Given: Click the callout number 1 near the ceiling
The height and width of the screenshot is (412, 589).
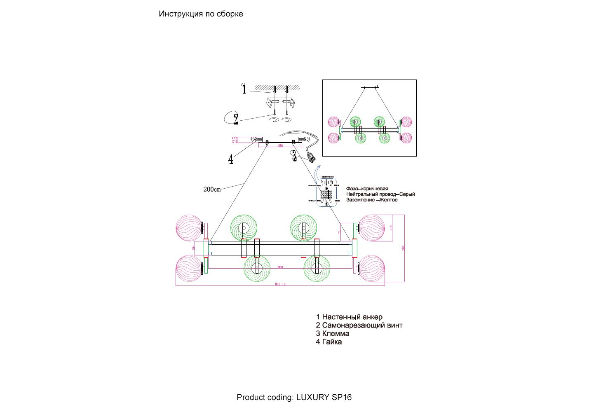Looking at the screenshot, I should click(244, 89).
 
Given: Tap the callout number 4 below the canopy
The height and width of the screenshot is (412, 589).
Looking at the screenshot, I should click(231, 159).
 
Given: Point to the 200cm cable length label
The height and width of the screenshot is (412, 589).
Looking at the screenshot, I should click(212, 190).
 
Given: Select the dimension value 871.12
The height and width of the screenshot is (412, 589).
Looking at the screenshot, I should click(280, 284).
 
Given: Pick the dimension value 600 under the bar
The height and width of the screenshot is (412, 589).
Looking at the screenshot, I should click(280, 267).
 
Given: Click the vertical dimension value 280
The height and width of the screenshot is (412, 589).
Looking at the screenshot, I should click(404, 248).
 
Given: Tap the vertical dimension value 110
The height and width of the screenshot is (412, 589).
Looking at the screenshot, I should click(391, 227).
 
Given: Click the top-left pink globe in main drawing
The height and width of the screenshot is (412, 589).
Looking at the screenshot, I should click(188, 227).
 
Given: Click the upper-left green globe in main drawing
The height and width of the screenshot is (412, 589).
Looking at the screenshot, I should click(244, 227).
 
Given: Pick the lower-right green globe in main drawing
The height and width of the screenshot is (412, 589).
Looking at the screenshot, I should click(317, 269).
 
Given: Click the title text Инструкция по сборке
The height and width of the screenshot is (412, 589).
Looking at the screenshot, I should click(201, 14).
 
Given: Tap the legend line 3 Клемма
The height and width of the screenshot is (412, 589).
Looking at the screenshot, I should click(333, 333).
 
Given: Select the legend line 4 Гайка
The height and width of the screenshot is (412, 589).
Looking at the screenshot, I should click(329, 342).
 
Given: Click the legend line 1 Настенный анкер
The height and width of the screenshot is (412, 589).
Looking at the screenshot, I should click(349, 317).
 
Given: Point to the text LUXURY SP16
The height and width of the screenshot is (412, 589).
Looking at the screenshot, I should click(324, 397).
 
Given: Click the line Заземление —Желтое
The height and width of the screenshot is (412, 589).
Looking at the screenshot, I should click(372, 200).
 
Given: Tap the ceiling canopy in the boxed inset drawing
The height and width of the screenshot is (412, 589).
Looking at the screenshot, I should click(369, 87).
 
